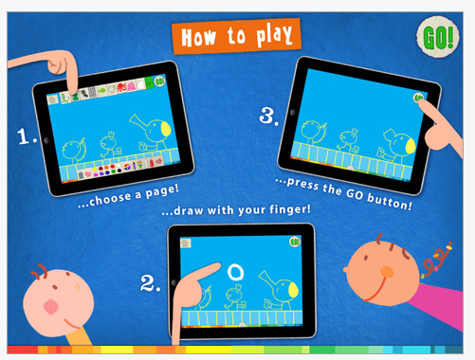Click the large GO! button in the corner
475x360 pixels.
(x=438, y=37)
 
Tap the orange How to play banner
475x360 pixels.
(x=236, y=36)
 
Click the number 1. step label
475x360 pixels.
(x=27, y=136)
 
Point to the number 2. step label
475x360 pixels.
(x=150, y=283)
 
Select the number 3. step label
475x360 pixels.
(x=269, y=116)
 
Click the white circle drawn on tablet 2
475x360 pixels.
(x=236, y=272)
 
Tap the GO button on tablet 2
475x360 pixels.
(x=295, y=243)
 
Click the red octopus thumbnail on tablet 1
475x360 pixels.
(x=121, y=87)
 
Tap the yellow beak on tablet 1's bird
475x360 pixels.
(x=166, y=129)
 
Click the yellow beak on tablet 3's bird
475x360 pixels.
(x=411, y=146)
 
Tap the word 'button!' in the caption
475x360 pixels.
(x=390, y=201)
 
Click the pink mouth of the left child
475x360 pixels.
(x=51, y=307)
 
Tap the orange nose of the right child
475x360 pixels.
(x=387, y=272)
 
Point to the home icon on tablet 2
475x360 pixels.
(x=186, y=243)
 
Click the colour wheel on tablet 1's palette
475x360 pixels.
(x=127, y=167)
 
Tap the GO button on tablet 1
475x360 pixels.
(x=159, y=81)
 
